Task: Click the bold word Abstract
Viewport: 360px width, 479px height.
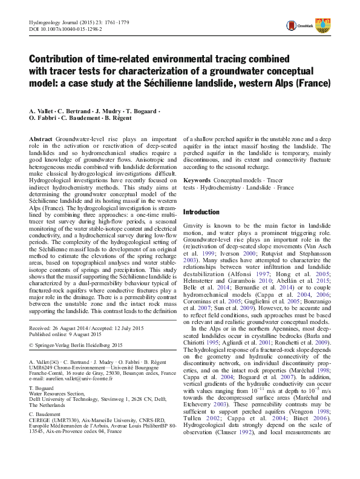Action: (41, 139)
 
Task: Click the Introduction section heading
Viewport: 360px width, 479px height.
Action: (201, 212)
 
